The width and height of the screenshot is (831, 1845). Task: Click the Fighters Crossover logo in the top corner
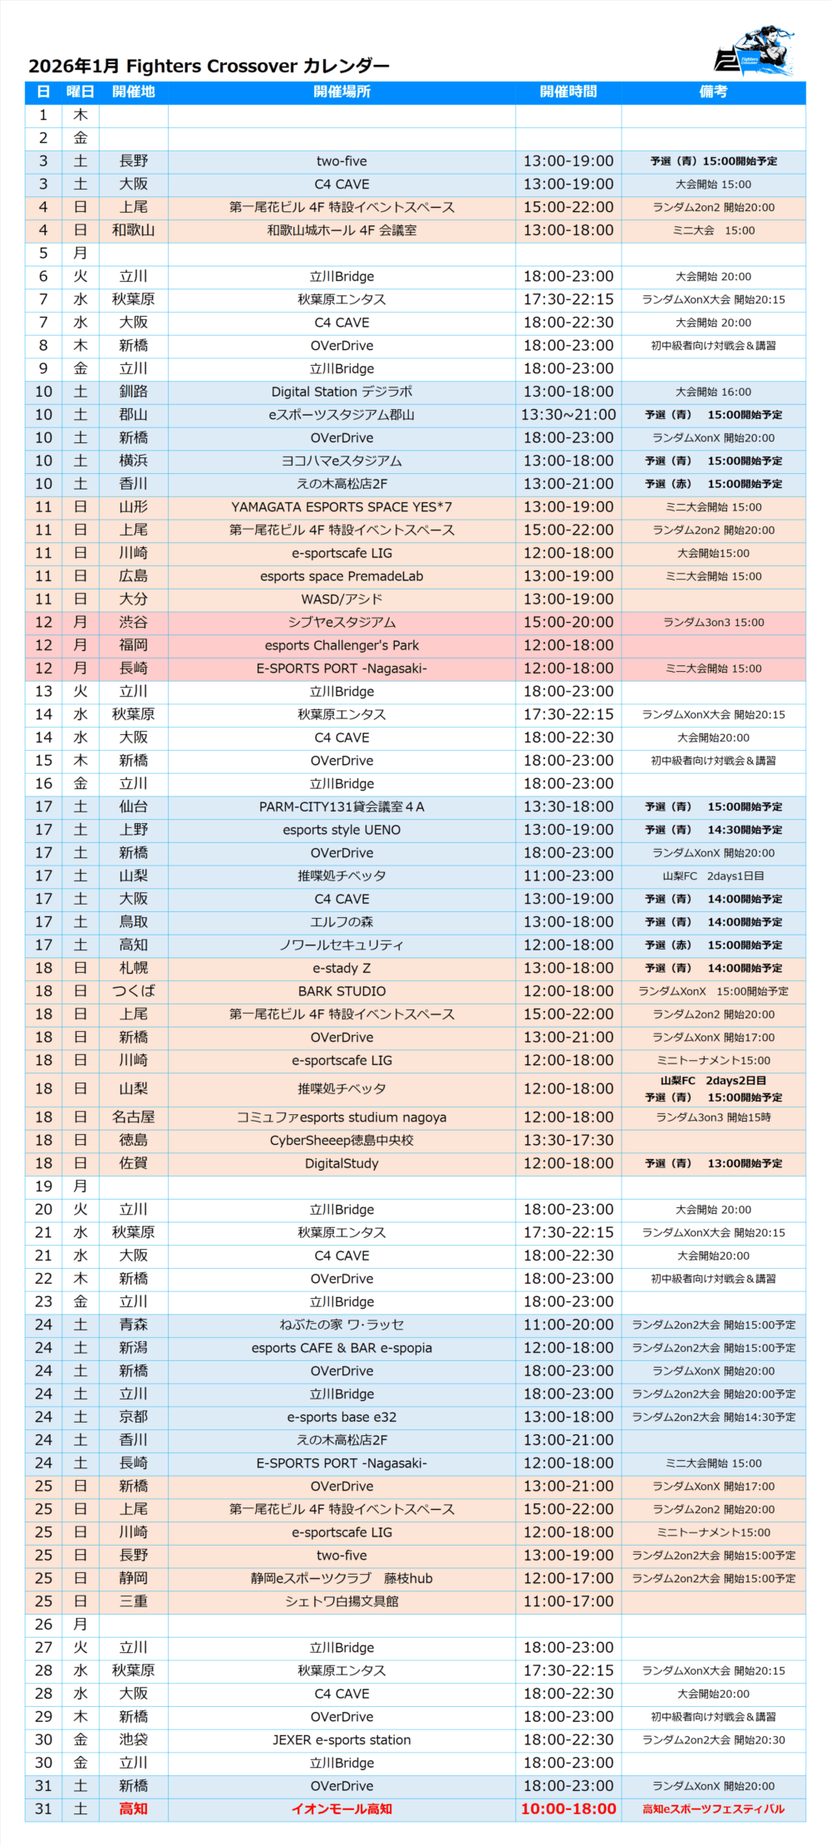(755, 52)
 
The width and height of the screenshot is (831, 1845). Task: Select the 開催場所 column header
(342, 91)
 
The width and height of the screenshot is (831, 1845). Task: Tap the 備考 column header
(713, 91)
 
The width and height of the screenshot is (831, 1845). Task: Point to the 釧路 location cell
(133, 392)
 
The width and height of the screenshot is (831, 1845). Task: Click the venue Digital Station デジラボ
(342, 392)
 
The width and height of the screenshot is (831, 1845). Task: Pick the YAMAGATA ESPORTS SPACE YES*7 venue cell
(342, 507)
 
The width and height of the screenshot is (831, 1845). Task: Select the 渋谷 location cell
(133, 622)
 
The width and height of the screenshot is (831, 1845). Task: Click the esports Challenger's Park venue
(342, 645)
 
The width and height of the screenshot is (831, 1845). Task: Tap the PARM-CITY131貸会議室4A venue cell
(342, 807)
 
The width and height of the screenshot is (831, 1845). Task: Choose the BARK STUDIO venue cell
(342, 991)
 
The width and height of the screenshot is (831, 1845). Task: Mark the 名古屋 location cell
(133, 1117)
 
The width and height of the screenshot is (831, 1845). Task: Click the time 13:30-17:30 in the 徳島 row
(568, 1141)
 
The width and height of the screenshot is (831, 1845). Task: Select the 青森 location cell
(133, 1325)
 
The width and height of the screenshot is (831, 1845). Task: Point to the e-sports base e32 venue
(342, 1417)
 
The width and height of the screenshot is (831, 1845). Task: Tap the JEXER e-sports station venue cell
(342, 1739)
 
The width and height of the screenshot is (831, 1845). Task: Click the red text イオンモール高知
(342, 1809)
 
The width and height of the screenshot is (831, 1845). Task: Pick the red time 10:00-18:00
(568, 1809)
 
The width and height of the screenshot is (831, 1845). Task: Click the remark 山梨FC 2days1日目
(713, 876)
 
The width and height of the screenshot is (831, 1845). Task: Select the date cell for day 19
(43, 1186)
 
